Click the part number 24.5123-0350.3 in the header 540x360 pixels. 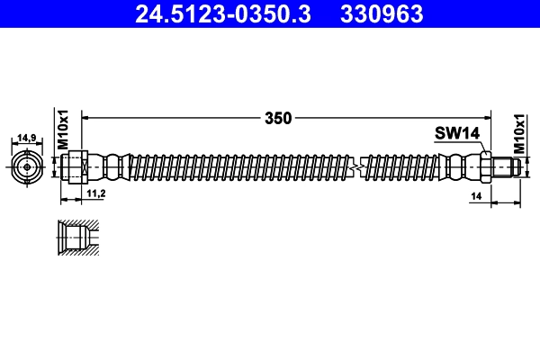point(221,14)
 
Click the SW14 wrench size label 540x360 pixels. point(457,133)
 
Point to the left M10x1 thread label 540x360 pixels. point(64,131)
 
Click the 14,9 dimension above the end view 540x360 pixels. point(27,138)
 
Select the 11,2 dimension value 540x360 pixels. point(96,193)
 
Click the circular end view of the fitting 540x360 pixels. point(27,166)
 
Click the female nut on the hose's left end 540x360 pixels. point(76,166)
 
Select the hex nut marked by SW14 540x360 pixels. point(486,166)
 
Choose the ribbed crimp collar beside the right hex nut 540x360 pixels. point(461,166)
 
